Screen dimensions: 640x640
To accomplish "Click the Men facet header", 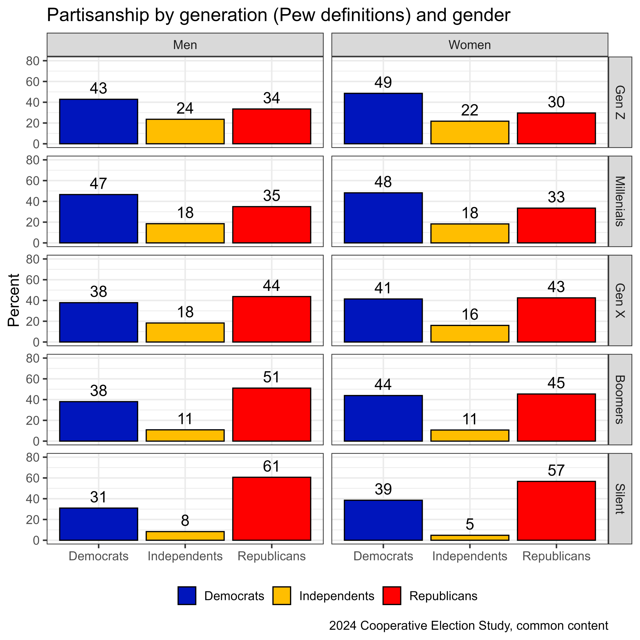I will pyautogui.click(x=185, y=45).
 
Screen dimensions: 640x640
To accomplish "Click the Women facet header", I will pyautogui.click(x=469, y=45).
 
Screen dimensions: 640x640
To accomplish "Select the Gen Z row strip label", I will pyautogui.click(x=620, y=102).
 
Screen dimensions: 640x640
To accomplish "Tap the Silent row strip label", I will pyautogui.click(x=620, y=499).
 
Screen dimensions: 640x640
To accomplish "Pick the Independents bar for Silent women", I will pyautogui.click(x=469, y=537).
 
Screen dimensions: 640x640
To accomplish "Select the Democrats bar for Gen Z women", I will pyautogui.click(x=383, y=119).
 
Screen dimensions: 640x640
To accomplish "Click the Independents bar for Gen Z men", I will pyautogui.click(x=185, y=132).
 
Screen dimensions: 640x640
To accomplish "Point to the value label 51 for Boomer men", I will pyautogui.click(x=271, y=377).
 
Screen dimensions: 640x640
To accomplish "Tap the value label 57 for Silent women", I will pyautogui.click(x=556, y=470).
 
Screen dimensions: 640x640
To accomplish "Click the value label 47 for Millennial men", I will pyautogui.click(x=98, y=183).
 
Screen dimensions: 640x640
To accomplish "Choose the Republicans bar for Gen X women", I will pyautogui.click(x=556, y=320).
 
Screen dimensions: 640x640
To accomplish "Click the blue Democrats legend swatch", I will pyautogui.click(x=187, y=596).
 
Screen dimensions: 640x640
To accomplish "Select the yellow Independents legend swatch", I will pyautogui.click(x=282, y=596).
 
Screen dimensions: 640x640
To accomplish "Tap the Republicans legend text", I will pyautogui.click(x=443, y=596).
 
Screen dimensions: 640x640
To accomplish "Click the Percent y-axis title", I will pyautogui.click(x=14, y=300).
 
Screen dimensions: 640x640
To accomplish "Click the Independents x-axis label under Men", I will pyautogui.click(x=185, y=556).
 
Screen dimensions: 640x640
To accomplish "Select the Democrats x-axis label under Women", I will pyautogui.click(x=383, y=556).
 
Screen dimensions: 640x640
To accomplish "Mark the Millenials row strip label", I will pyautogui.click(x=620, y=201).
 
